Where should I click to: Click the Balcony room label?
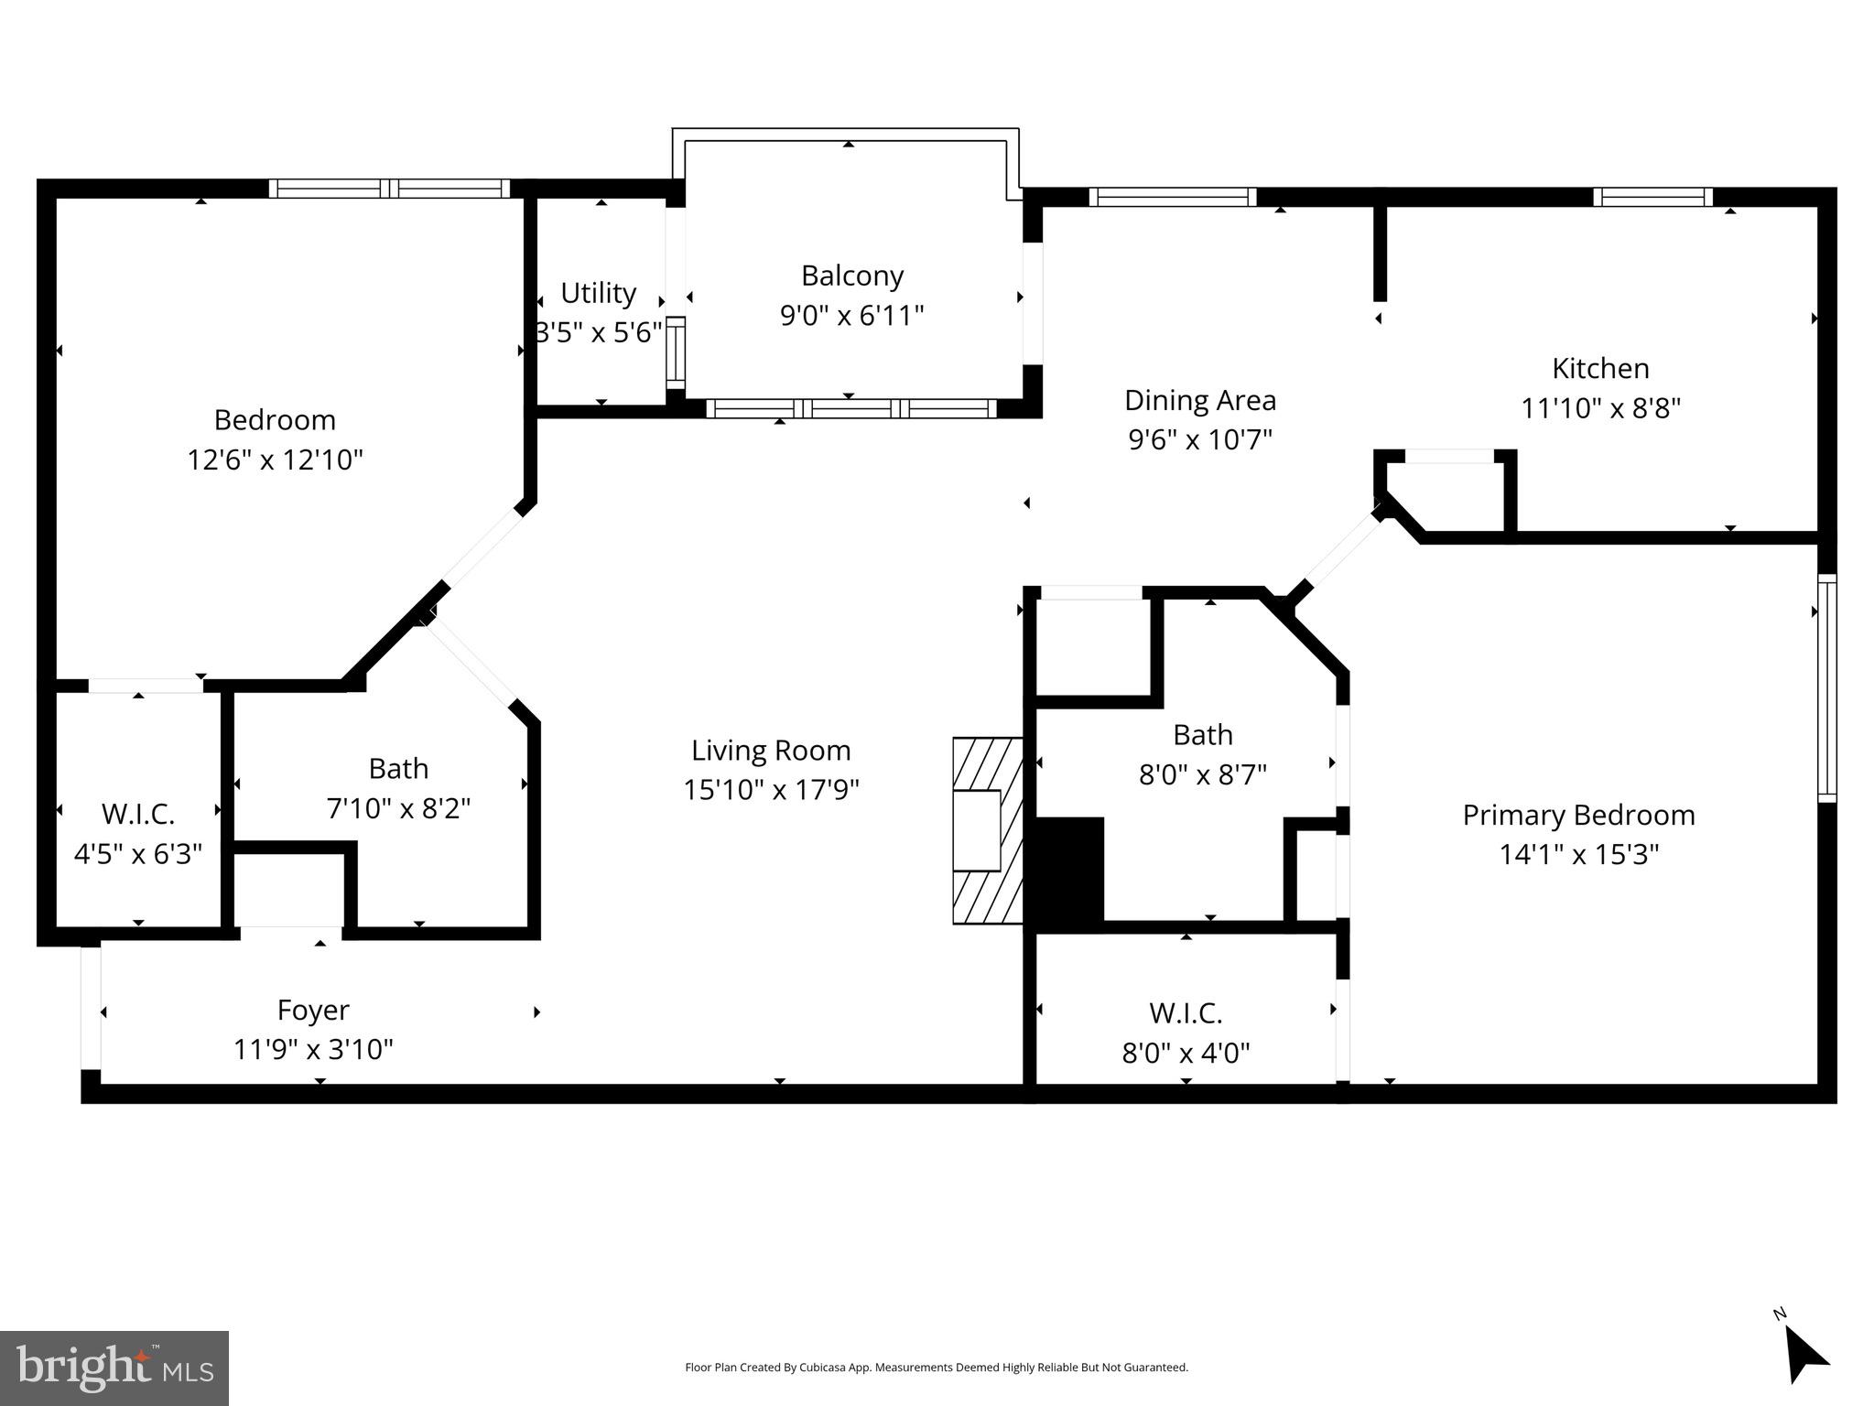(x=851, y=276)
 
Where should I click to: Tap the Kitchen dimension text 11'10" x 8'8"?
(x=1600, y=408)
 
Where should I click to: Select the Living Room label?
(x=771, y=751)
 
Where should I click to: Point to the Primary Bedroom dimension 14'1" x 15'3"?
(x=1578, y=855)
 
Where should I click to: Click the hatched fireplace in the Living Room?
(x=987, y=830)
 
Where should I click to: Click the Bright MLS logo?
(x=114, y=1368)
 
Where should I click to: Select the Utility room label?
(x=598, y=293)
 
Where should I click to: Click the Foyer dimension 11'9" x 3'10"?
(x=313, y=1049)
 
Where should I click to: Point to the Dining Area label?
(x=1199, y=400)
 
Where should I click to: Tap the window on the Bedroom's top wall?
(x=389, y=189)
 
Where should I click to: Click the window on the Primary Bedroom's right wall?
(x=1826, y=687)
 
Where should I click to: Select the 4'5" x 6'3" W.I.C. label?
(x=138, y=834)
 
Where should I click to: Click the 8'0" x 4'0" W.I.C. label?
(x=1186, y=1033)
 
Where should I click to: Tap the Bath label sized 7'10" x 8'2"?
(x=398, y=769)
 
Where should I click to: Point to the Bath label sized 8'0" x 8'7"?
(x=1202, y=735)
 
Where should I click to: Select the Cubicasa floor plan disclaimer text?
(x=936, y=1368)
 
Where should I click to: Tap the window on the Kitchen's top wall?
(x=1652, y=197)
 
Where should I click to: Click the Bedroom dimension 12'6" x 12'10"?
(x=275, y=460)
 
